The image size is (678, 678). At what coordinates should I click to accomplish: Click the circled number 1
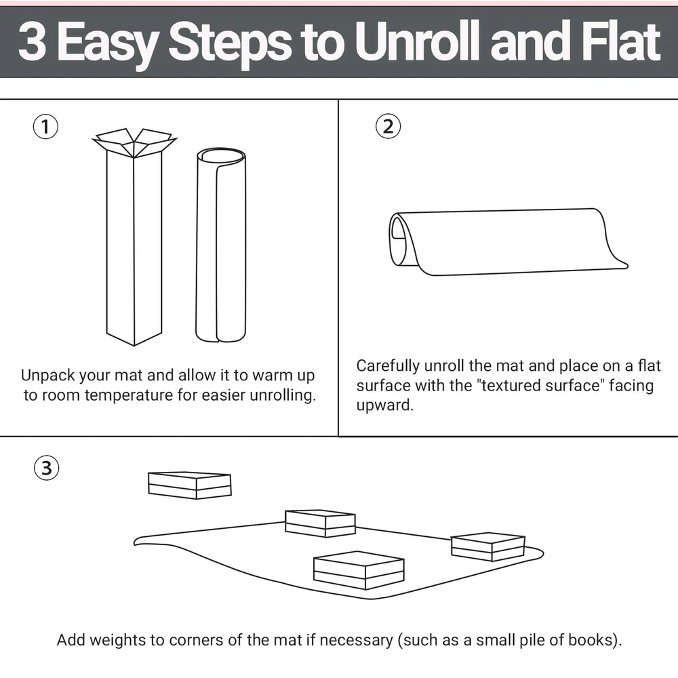(x=45, y=127)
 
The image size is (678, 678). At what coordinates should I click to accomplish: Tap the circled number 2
(x=388, y=126)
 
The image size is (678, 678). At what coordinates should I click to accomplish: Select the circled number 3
(x=46, y=468)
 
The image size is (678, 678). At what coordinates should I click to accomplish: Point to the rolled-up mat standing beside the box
(x=220, y=245)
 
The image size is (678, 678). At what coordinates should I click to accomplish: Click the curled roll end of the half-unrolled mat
(x=399, y=240)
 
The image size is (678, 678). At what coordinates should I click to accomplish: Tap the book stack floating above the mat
(x=189, y=485)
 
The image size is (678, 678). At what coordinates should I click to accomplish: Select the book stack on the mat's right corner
(x=487, y=546)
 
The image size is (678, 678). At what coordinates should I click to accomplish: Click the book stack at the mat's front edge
(x=359, y=570)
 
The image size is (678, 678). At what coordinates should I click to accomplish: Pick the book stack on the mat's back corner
(x=320, y=523)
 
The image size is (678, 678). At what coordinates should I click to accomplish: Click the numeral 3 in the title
(x=33, y=42)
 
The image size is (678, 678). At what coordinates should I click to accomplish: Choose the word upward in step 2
(x=385, y=405)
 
